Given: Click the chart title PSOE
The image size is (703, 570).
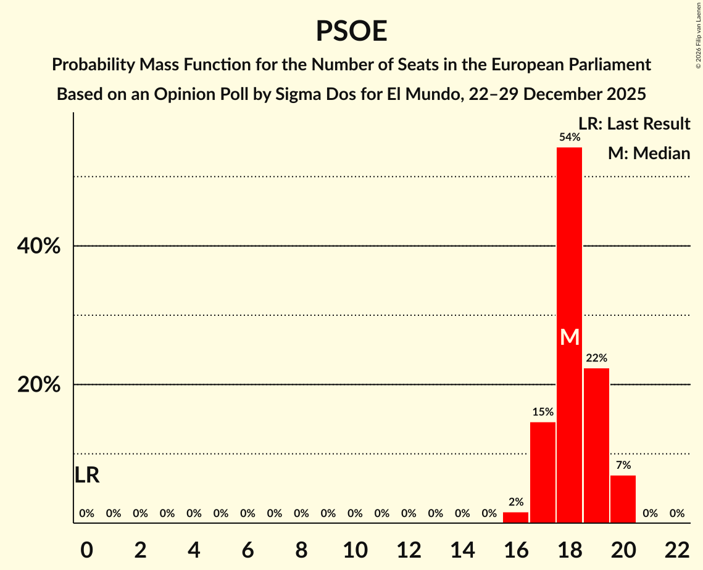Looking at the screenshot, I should pyautogui.click(x=351, y=31).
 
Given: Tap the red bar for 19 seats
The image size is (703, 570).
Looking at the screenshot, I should pyautogui.click(x=596, y=445).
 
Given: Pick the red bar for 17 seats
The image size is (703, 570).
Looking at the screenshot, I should pyautogui.click(x=543, y=472).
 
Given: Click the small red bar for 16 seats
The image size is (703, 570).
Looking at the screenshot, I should pyautogui.click(x=515, y=518).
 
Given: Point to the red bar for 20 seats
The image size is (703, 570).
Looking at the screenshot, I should pyautogui.click(x=623, y=498).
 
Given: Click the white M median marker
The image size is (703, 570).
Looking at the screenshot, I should pyautogui.click(x=569, y=337).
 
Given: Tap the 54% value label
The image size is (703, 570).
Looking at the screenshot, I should pyautogui.click(x=569, y=137).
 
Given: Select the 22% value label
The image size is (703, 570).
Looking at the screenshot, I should pyautogui.click(x=596, y=358).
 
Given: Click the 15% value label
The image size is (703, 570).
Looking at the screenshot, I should pyautogui.click(x=543, y=411).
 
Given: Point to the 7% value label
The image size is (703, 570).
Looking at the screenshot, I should pyautogui.click(x=623, y=465).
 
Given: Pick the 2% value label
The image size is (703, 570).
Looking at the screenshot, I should pyautogui.click(x=515, y=502).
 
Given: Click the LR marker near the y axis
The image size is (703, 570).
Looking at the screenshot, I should pyautogui.click(x=87, y=475).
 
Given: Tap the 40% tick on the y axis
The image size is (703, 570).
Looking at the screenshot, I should pyautogui.click(x=39, y=246).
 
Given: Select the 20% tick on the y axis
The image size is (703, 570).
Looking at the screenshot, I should pyautogui.click(x=39, y=385).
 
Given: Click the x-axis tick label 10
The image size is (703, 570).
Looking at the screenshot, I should pyautogui.click(x=355, y=549).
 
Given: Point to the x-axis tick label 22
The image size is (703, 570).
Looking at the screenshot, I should pyautogui.click(x=677, y=549).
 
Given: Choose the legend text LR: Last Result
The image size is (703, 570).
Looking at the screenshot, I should pyautogui.click(x=634, y=124).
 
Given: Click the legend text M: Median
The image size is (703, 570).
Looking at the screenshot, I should pyautogui.click(x=649, y=153).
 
